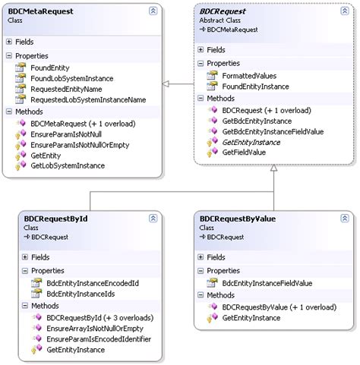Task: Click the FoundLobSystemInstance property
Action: (72, 78)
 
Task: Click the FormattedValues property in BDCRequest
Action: (249, 76)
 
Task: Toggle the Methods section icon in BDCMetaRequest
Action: (9, 112)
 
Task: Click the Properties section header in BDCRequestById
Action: (47, 270)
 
